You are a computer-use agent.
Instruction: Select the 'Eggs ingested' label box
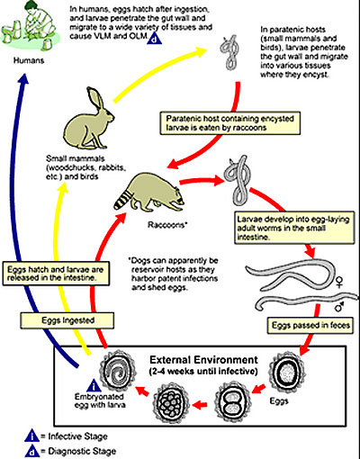(67, 320)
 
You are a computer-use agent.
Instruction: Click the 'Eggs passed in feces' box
(310, 325)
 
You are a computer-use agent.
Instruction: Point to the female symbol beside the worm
(339, 282)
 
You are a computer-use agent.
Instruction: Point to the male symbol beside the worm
(339, 306)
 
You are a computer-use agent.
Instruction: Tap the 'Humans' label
(29, 60)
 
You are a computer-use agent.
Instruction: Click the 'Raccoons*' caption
(167, 225)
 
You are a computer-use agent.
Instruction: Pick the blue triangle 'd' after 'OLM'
(154, 39)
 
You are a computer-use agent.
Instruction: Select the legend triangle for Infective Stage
(31, 436)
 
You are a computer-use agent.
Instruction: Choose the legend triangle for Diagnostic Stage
(31, 451)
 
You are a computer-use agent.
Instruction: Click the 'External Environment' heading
(203, 359)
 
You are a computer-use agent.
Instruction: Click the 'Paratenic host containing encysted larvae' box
(230, 123)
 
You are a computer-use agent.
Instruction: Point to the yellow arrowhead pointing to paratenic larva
(202, 51)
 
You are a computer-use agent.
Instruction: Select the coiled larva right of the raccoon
(238, 181)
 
